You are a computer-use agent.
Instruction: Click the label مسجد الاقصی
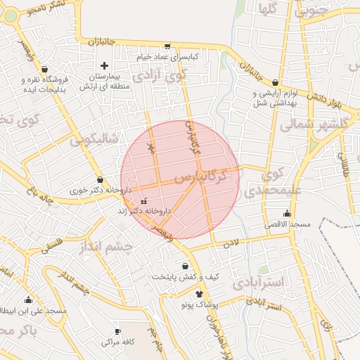287,224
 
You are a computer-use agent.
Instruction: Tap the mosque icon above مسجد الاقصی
287,214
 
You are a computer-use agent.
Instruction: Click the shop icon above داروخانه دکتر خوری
100,179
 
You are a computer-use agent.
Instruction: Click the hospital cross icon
104,65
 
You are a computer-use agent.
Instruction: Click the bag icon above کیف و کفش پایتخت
185,266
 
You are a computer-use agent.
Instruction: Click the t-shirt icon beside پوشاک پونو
199,294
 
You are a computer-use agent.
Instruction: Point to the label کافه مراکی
117,342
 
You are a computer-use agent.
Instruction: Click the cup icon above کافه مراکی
117,332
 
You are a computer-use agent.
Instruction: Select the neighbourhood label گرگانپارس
204,176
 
